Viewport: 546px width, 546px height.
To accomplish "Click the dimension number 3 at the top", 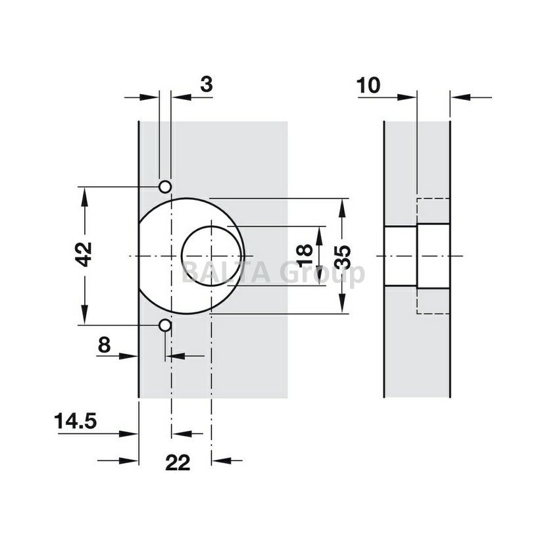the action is click(206, 85).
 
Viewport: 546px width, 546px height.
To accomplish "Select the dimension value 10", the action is click(368, 86).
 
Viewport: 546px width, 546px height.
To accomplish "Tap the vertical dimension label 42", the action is click(84, 255).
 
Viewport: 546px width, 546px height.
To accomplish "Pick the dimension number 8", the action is click(104, 345).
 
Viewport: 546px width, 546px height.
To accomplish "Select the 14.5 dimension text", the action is click(75, 421).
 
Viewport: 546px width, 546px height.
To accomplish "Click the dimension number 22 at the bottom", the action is click(178, 462).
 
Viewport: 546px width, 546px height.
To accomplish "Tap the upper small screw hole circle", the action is click(165, 187).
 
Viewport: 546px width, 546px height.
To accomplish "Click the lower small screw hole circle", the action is click(165, 326).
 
